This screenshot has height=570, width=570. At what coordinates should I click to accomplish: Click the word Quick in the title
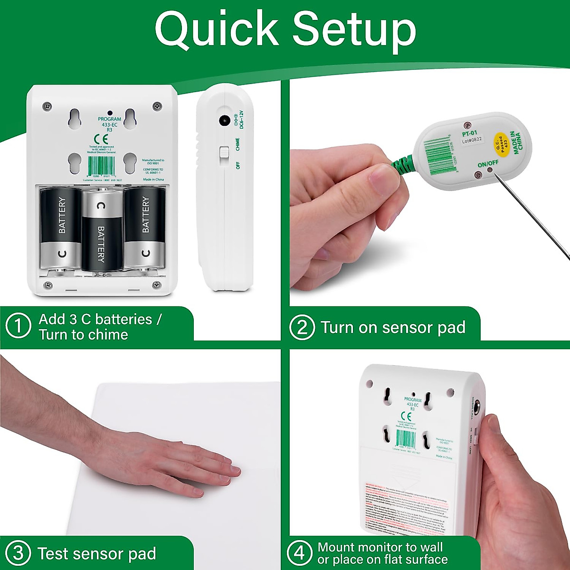click(x=216, y=29)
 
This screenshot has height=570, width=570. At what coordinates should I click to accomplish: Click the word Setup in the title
click(x=354, y=29)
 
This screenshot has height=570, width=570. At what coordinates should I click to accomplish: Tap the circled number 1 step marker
click(x=18, y=327)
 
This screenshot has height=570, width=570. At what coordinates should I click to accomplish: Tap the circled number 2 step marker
click(x=302, y=328)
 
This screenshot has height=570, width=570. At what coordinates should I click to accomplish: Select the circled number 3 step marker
click(x=18, y=553)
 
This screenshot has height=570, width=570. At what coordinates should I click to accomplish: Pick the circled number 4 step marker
click(x=300, y=553)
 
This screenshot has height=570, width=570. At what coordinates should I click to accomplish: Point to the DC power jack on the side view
click(x=222, y=121)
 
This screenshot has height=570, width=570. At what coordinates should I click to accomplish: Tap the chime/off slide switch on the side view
click(x=223, y=154)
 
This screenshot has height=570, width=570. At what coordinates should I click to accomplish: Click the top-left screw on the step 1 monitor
click(x=47, y=105)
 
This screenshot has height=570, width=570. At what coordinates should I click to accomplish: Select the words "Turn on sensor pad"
click(x=393, y=328)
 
